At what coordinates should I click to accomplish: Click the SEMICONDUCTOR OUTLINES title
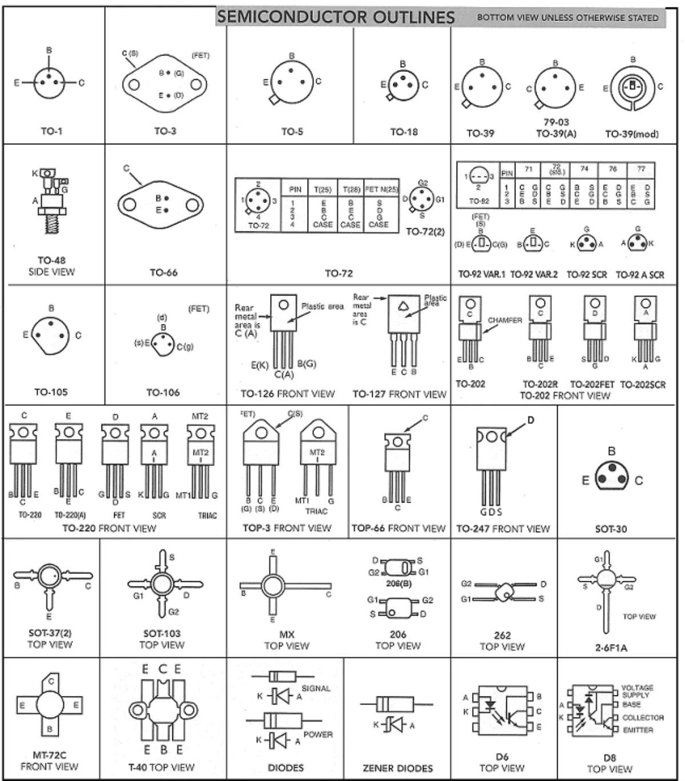click(336, 17)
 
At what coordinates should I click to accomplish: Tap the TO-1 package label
click(51, 131)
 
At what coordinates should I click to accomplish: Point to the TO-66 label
click(163, 273)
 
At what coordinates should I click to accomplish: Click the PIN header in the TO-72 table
click(295, 189)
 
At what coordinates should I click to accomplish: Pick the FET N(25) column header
click(381, 189)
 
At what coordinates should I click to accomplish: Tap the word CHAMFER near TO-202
click(505, 321)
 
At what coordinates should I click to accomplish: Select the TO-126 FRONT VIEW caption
click(288, 394)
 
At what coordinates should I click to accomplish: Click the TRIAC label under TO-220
click(207, 515)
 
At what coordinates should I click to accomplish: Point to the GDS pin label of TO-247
click(491, 512)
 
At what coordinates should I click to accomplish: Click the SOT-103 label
click(162, 633)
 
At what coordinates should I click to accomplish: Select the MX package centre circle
click(273, 586)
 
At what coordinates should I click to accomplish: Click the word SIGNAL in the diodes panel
click(316, 689)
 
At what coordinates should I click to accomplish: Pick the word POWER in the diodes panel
click(318, 734)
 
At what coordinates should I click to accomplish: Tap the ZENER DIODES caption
click(398, 768)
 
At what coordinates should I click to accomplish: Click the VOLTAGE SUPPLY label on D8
click(637, 691)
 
